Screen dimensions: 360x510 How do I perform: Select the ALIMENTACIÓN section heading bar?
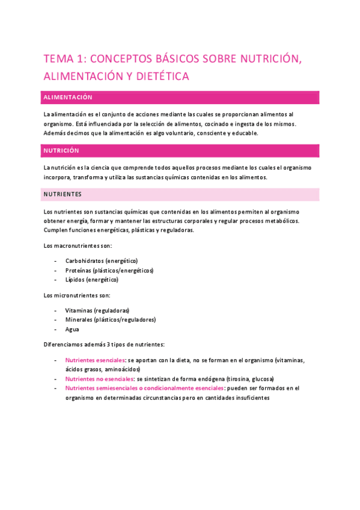[x=180, y=97]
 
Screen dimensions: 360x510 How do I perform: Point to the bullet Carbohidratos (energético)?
[x=102, y=261]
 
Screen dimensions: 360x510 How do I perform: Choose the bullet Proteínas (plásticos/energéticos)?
[x=109, y=271]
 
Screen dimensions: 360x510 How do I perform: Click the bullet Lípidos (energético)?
[x=92, y=280]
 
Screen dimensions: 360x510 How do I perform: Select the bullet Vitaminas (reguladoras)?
[x=97, y=310]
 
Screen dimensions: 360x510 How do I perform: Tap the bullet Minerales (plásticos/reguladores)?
[x=111, y=320]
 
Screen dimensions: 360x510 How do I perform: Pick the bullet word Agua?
[x=72, y=329]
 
